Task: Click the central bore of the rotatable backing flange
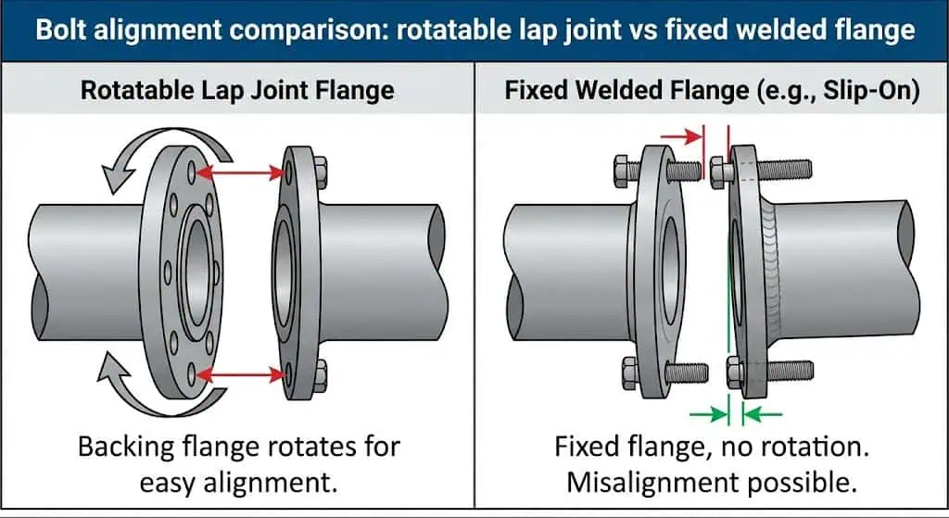click(197, 270)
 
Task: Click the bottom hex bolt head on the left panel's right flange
click(320, 374)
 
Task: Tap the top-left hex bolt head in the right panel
click(622, 171)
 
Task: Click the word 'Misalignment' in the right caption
click(643, 483)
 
